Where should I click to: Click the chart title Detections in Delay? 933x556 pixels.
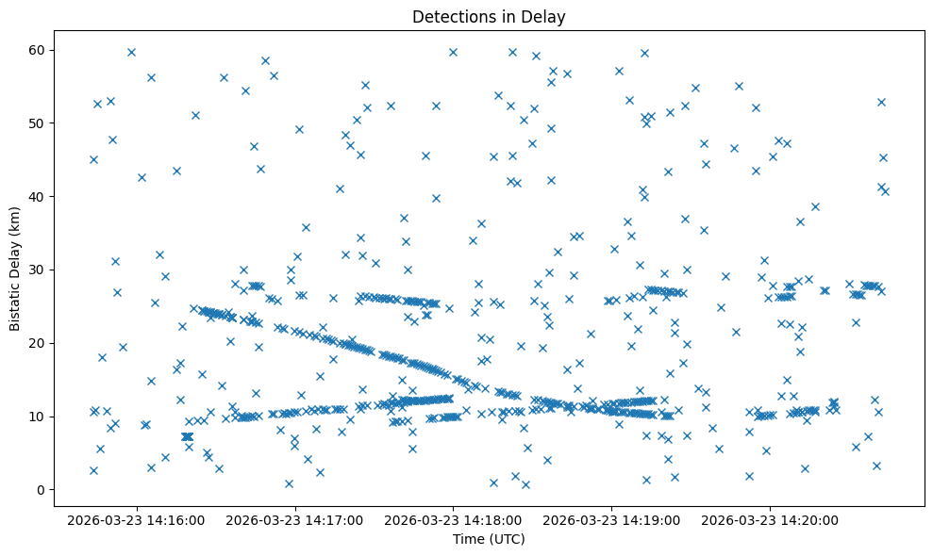tap(489, 17)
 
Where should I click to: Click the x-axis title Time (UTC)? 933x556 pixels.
tap(489, 539)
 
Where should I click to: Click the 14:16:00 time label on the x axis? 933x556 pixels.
tap(136, 519)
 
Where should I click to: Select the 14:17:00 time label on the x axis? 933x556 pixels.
tap(294, 519)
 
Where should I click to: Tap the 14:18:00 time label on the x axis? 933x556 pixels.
tap(453, 519)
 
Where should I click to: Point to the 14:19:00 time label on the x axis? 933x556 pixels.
tap(611, 519)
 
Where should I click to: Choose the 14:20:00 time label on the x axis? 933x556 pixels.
tap(770, 519)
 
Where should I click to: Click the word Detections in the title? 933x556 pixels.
tap(449, 17)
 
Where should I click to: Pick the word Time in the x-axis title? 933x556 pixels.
tap(468, 539)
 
